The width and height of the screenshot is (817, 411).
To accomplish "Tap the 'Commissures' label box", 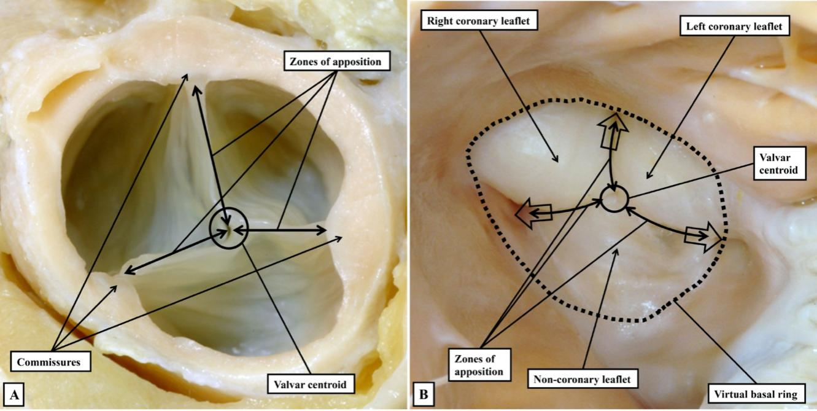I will pos(50,362).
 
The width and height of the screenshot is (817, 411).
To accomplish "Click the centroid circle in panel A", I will pos(227,230).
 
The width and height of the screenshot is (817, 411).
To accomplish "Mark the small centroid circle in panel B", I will pos(614,200).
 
